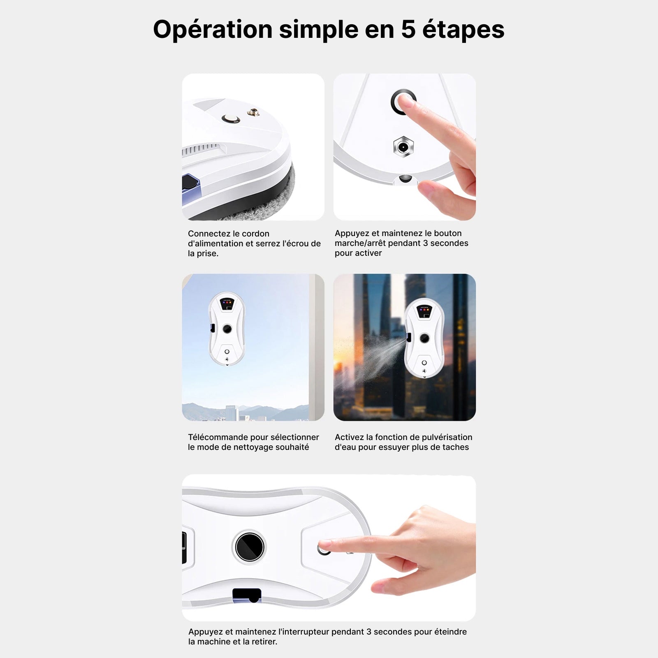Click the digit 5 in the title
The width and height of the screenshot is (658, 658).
coord(408,30)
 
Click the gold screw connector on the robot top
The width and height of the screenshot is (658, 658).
coord(253,112)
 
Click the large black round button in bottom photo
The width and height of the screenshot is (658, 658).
coord(250,547)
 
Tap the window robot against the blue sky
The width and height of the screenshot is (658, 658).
coord(227,329)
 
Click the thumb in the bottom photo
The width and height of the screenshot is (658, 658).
coord(395,584)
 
